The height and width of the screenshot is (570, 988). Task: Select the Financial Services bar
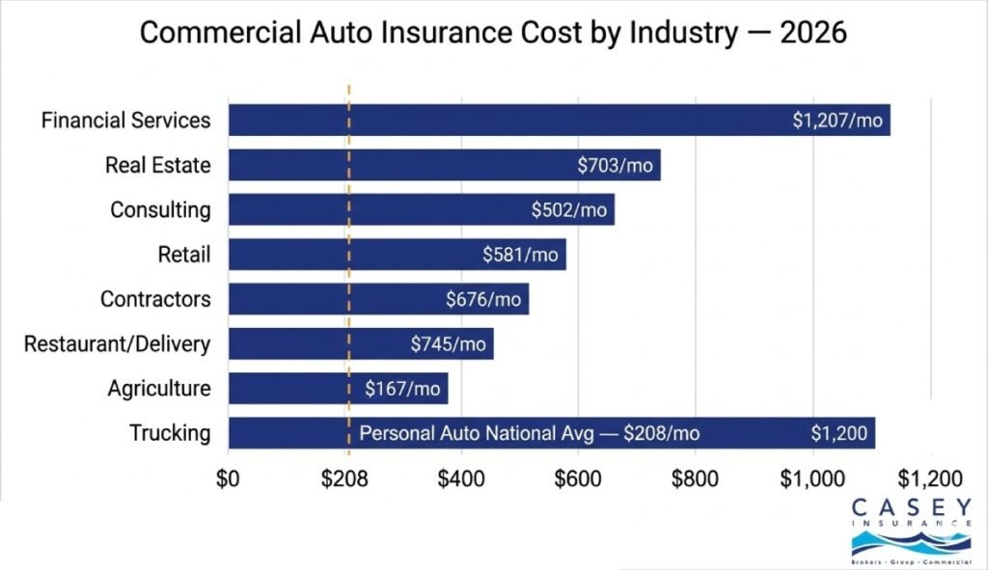(x=559, y=121)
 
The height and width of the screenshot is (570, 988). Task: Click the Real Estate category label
(x=157, y=165)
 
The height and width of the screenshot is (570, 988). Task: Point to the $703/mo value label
(x=615, y=166)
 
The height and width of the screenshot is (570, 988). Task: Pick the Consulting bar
(x=421, y=209)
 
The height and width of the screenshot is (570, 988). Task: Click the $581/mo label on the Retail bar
(x=520, y=255)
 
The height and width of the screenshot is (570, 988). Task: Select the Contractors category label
(x=155, y=299)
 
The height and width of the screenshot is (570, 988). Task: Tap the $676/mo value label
(x=482, y=300)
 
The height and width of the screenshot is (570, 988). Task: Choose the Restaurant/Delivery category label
(x=117, y=343)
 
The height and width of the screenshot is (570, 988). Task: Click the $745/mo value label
(x=448, y=344)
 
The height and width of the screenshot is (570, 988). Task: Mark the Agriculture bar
(x=338, y=389)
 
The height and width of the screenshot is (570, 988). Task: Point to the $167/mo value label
(x=402, y=389)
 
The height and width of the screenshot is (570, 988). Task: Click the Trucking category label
(x=170, y=433)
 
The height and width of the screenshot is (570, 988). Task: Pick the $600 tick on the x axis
(x=578, y=478)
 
